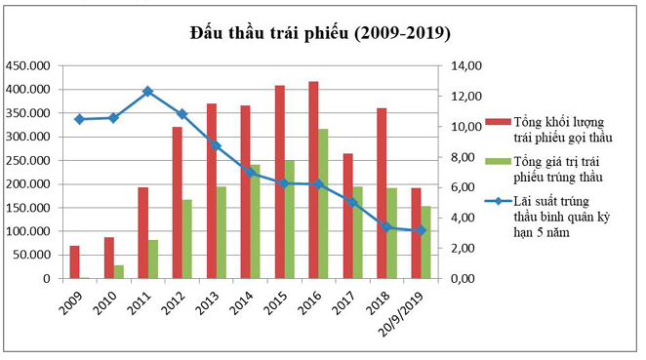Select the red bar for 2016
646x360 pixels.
(313, 180)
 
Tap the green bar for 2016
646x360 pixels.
(323, 204)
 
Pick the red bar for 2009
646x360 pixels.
(74, 262)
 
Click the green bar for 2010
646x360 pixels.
(118, 271)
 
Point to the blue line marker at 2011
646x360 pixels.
(147, 92)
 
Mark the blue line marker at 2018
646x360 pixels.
(386, 227)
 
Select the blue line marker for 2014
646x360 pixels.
(250, 173)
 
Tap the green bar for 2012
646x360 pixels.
(186, 239)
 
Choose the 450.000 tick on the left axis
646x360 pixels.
(29, 65)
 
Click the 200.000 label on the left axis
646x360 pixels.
(29, 184)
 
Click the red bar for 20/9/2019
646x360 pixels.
(416, 233)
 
